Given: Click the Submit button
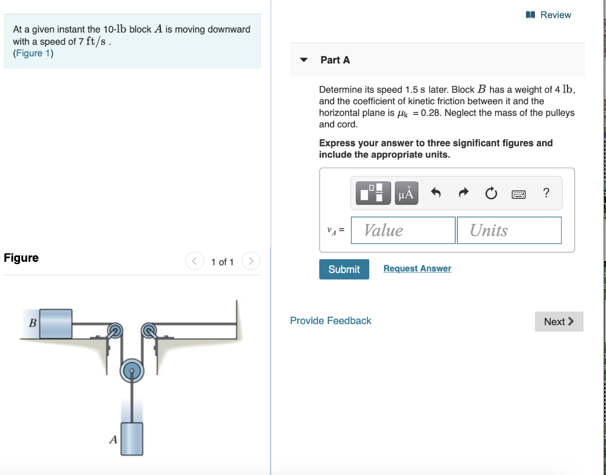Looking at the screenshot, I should tap(344, 269).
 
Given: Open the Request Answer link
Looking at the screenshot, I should tap(417, 268).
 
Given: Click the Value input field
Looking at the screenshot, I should tap(403, 230).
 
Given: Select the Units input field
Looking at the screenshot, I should tap(508, 230).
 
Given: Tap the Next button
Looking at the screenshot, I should tap(559, 322).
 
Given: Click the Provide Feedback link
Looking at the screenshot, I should tap(330, 320).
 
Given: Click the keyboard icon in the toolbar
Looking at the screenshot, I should tap(519, 193).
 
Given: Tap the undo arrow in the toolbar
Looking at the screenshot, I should tap(436, 193).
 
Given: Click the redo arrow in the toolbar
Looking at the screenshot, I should tap(464, 193).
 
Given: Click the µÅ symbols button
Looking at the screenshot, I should tap(406, 193).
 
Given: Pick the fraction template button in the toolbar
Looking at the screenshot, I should tap(373, 193).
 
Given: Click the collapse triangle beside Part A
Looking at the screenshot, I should tap(304, 60).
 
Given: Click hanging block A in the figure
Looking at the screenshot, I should tap(131, 438).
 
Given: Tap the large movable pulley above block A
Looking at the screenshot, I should tap(131, 372).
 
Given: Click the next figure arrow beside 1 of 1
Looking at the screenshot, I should tap(251, 261).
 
